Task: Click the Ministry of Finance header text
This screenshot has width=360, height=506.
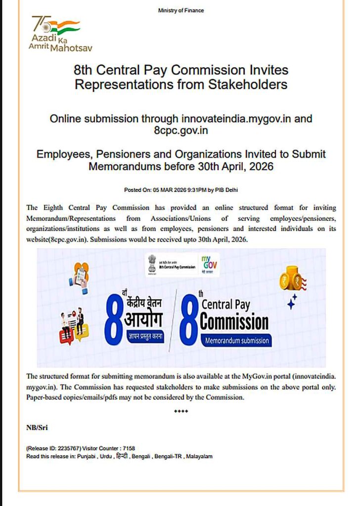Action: (x=180, y=10)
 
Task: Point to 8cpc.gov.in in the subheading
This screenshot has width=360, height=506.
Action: (x=180, y=131)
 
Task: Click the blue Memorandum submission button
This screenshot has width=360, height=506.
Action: (x=235, y=340)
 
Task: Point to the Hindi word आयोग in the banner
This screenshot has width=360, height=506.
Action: (x=142, y=320)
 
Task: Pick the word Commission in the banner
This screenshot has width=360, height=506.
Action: (x=234, y=322)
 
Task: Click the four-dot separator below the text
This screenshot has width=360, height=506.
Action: (x=181, y=411)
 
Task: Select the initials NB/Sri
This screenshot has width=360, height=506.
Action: (x=37, y=427)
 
